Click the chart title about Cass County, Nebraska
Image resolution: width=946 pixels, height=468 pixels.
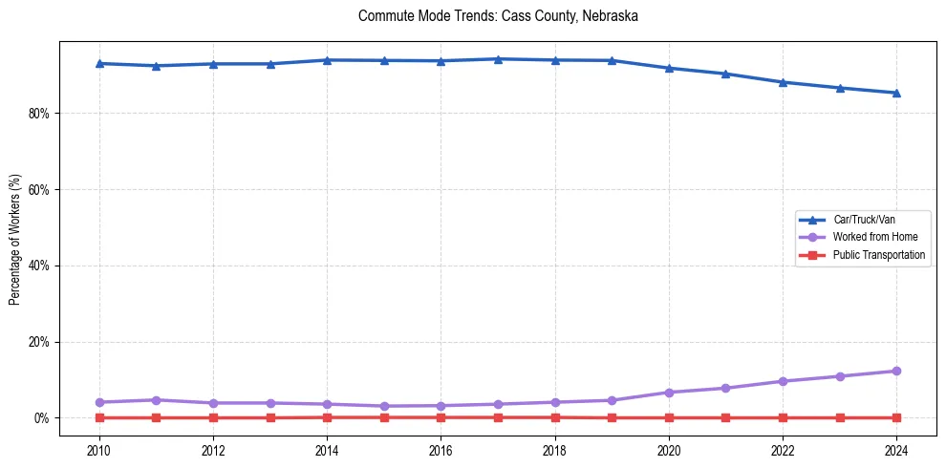[498, 16]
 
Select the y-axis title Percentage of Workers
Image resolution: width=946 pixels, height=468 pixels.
[14, 239]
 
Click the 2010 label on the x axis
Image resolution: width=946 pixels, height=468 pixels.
[99, 450]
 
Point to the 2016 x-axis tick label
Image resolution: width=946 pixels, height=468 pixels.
[441, 450]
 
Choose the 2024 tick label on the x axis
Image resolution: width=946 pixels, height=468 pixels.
[896, 450]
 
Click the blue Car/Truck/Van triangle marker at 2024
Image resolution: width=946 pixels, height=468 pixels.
[896, 93]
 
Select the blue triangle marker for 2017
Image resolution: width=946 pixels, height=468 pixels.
[498, 59]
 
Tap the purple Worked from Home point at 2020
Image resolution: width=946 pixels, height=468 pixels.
[669, 393]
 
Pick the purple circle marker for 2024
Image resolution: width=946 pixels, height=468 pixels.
[896, 371]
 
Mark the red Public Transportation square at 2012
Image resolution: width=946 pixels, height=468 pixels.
[213, 417]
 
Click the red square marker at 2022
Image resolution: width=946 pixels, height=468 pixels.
[783, 417]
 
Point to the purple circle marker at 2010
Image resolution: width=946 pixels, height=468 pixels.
[99, 402]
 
